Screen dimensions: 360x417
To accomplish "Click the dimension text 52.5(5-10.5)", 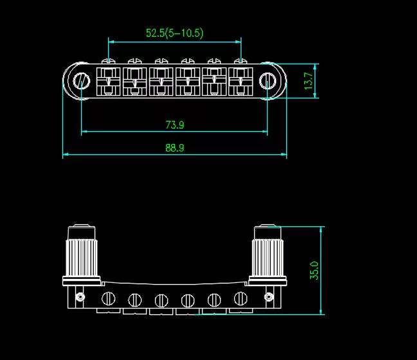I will pyautogui.click(x=174, y=33).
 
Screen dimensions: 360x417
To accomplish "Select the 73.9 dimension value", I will pyautogui.click(x=174, y=124).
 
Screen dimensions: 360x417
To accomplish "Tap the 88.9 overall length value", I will pyautogui.click(x=174, y=147).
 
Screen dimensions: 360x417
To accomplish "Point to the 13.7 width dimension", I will pyautogui.click(x=309, y=81).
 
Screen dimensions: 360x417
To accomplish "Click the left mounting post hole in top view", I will pyautogui.click(x=82, y=80).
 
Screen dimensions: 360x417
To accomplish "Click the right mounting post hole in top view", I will pyautogui.click(x=268, y=80).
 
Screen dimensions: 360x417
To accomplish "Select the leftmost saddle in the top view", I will pyautogui.click(x=107, y=82).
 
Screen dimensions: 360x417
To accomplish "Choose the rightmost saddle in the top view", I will pyautogui.click(x=241, y=82).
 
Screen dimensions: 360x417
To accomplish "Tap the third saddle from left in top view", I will pyautogui.click(x=160, y=82).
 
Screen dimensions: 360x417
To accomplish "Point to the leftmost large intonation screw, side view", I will pyautogui.click(x=109, y=298).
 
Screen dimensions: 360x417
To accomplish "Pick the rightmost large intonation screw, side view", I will pyautogui.click(x=241, y=298).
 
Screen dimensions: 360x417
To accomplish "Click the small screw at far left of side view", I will pyautogui.click(x=80, y=297).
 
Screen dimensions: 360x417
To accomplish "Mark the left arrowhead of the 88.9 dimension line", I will pyautogui.click(x=65, y=155).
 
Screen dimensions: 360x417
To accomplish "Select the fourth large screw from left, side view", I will pyautogui.click(x=188, y=300).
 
